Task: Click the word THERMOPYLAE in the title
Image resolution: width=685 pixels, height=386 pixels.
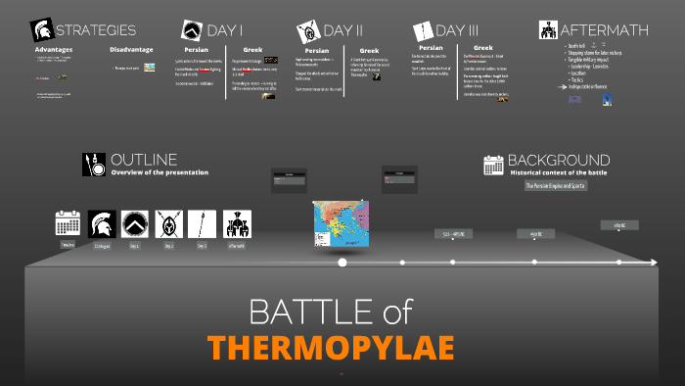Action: (x=331, y=347)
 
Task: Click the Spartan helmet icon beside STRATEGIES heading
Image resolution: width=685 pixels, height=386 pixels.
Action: (x=42, y=30)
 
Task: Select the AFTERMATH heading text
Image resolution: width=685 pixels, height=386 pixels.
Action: (x=606, y=30)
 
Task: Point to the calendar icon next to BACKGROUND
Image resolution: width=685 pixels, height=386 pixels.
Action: (x=493, y=165)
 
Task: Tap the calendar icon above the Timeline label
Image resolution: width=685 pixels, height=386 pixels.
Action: (x=68, y=224)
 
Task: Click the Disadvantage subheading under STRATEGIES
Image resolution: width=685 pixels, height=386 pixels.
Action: (x=130, y=50)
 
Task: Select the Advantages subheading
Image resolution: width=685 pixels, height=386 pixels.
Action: (x=54, y=49)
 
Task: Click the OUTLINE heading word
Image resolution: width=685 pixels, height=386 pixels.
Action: (x=144, y=160)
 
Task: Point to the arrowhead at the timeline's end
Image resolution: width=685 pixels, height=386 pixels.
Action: (x=654, y=263)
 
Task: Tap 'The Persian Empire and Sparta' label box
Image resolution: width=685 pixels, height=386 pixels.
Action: (x=556, y=185)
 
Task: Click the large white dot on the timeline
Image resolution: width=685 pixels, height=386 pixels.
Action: (x=342, y=263)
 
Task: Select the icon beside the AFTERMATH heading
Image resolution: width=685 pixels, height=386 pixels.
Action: (x=548, y=30)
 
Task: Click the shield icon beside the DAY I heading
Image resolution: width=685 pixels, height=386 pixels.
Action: (x=192, y=30)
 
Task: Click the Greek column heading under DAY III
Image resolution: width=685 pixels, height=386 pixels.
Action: (x=483, y=47)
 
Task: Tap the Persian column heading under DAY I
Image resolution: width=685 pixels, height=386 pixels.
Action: (x=196, y=49)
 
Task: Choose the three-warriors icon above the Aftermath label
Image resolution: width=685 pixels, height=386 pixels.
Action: (x=236, y=224)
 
